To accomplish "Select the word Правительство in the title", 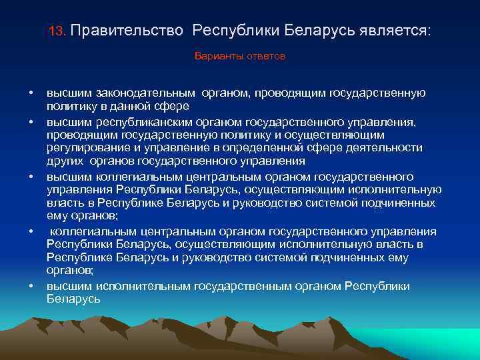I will click(127, 31).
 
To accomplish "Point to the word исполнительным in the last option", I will click(143, 286).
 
